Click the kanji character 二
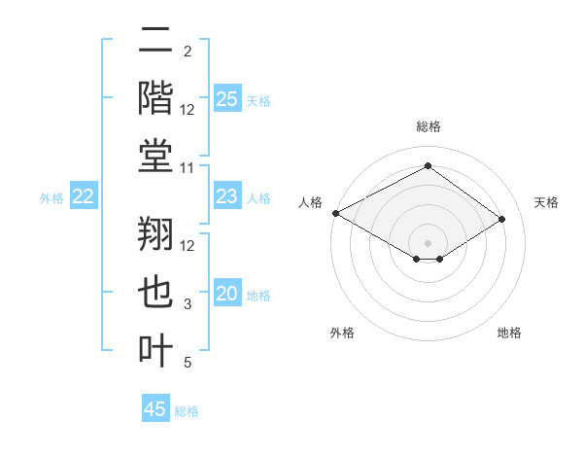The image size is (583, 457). tap(155, 43)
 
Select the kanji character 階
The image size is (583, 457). tap(155, 98)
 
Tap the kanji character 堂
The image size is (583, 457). tap(155, 156)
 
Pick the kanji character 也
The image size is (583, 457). tap(155, 294)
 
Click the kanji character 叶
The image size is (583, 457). tap(155, 350)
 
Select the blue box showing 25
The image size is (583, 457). tap(227, 98)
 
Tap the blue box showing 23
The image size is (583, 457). tap(227, 196)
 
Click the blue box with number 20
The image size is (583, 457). tap(227, 294)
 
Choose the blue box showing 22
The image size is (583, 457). tap(84, 196)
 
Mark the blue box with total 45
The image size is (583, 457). tap(155, 409)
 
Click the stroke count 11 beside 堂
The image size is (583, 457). tap(188, 168)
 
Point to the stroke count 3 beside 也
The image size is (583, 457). tap(188, 305)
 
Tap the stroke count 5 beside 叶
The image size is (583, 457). tap(188, 363)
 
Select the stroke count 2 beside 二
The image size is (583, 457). tap(188, 51)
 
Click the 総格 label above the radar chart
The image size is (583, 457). tap(428, 126)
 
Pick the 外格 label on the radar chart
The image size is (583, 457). tap(342, 334)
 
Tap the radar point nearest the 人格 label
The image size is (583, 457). tap(335, 213)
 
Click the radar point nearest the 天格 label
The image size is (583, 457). tap(502, 220)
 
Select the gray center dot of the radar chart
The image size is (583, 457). tap(428, 242)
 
